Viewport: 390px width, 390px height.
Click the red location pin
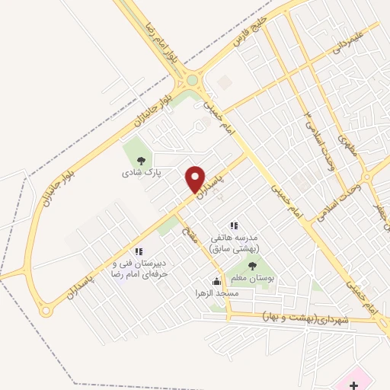tap(195, 179)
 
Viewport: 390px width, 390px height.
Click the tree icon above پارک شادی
tap(140, 161)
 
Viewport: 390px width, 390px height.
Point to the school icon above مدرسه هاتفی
tap(234, 225)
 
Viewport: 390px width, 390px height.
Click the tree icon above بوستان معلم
tap(252, 266)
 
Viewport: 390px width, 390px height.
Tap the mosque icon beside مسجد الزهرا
tap(216, 280)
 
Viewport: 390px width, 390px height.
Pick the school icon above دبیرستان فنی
tap(138, 251)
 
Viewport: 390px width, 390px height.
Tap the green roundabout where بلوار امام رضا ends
tap(192, 80)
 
